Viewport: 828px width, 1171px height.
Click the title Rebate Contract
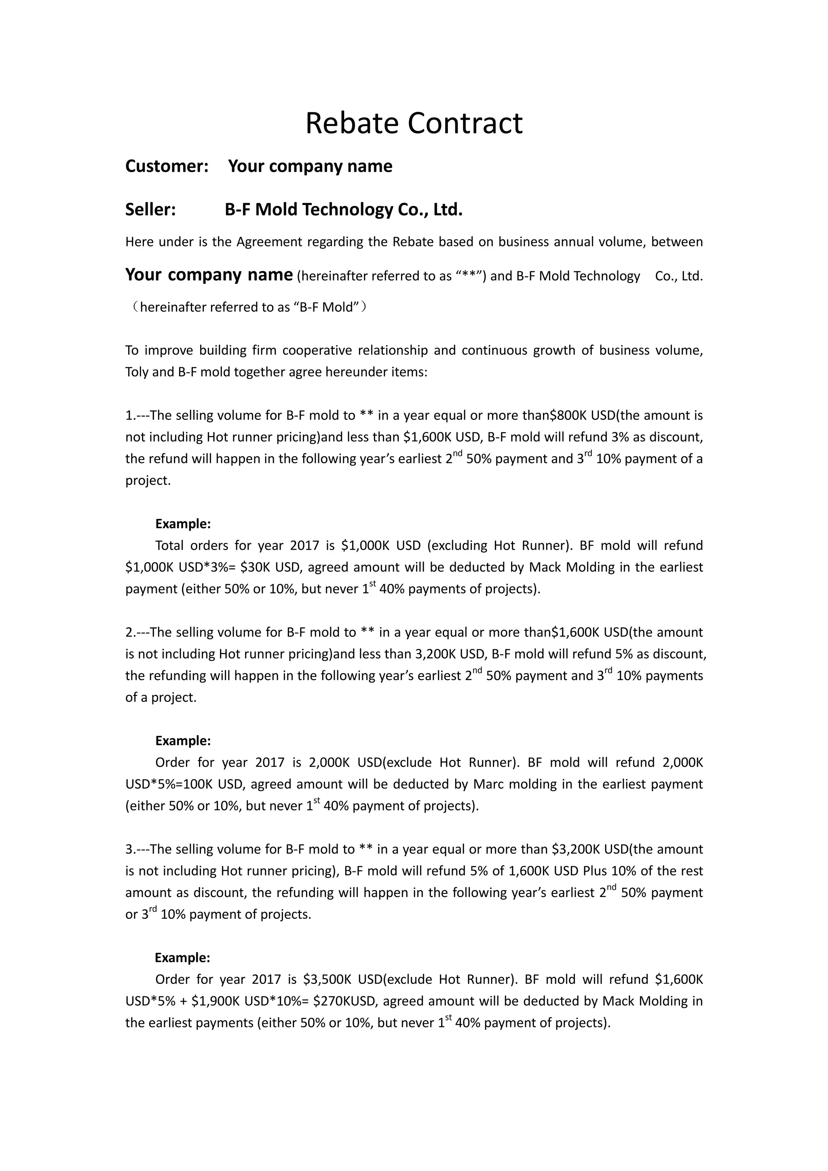click(x=414, y=123)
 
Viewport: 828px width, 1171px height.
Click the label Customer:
click(x=167, y=166)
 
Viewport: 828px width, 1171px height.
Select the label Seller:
click(x=150, y=210)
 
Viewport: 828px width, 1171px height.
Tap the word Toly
click(x=137, y=372)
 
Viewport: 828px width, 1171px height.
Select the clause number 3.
click(x=129, y=849)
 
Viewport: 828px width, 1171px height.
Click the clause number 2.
click(x=129, y=632)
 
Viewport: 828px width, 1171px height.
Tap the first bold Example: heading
click(x=183, y=524)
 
